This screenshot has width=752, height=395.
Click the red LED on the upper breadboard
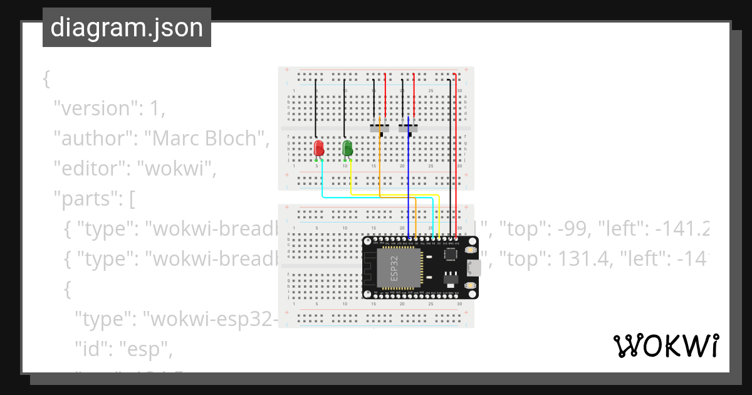pos(318,148)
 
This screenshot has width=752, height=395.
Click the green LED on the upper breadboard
pos(347,148)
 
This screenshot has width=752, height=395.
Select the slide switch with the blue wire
pos(408,129)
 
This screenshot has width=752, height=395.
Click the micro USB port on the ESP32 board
pos(474,268)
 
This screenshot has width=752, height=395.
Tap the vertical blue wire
pos(409,182)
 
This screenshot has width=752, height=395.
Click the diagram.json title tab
pos(127,28)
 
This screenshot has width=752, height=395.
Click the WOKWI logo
pos(666,346)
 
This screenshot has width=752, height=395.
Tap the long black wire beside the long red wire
pos(450,157)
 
